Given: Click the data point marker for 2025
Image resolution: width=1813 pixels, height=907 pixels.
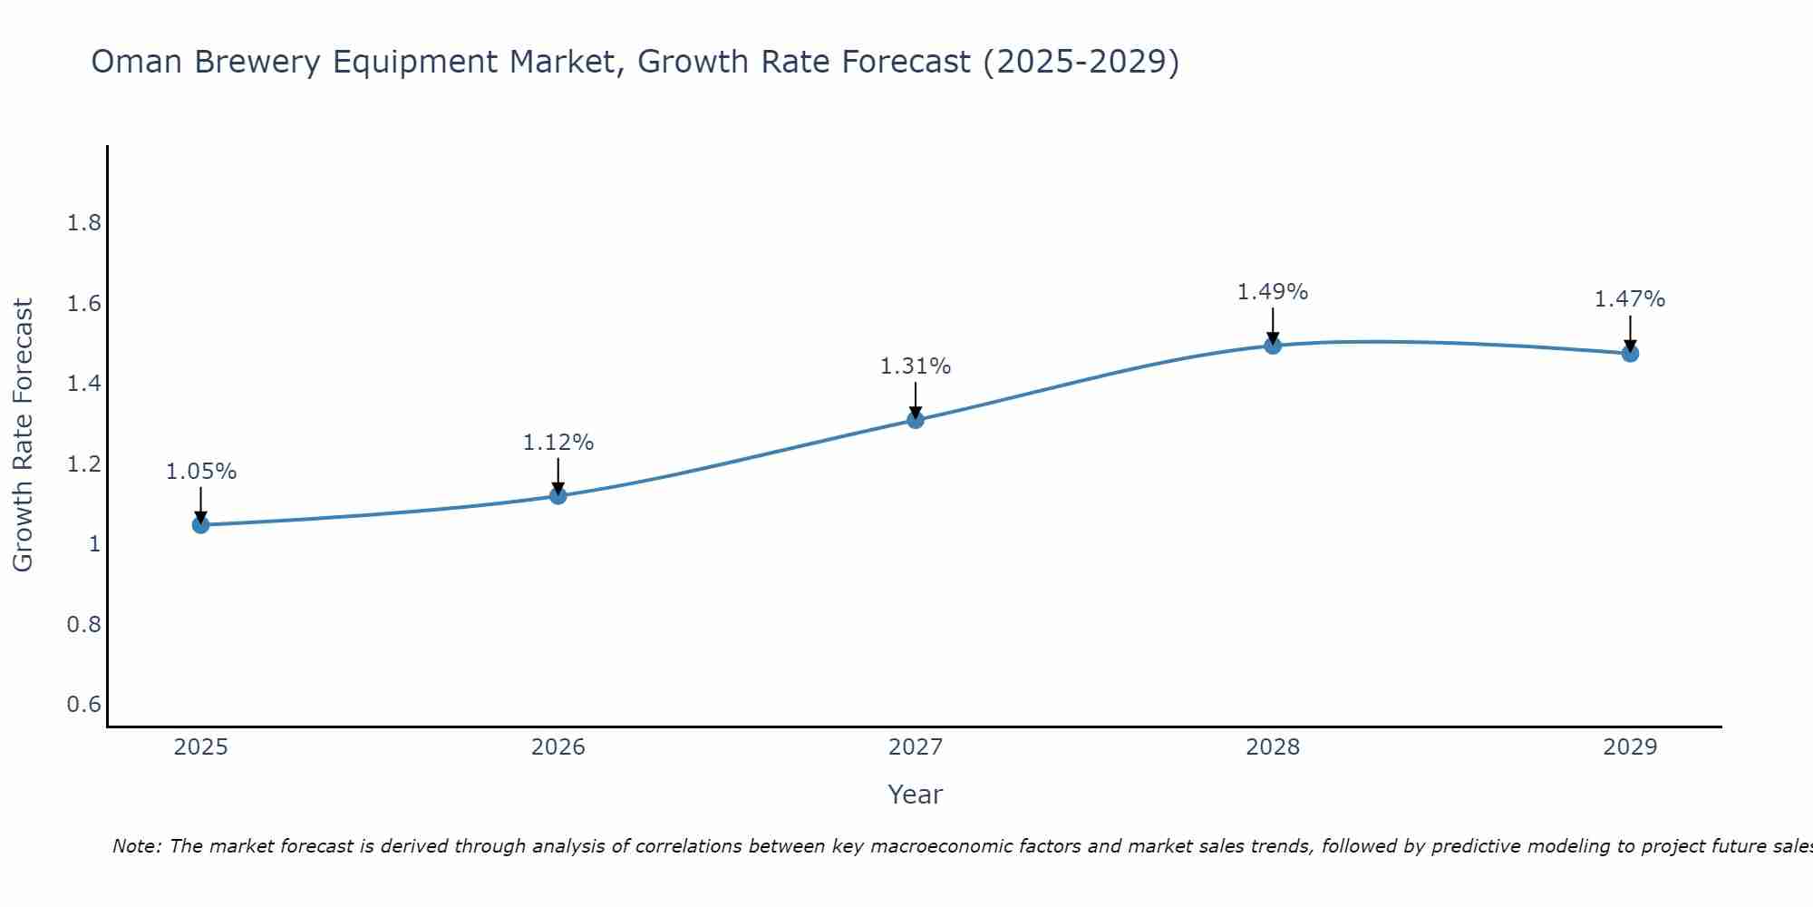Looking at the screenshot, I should click(200, 524).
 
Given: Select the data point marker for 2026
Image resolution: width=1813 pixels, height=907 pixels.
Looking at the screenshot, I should click(558, 495).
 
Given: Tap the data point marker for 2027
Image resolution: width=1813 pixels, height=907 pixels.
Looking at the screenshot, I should click(916, 419).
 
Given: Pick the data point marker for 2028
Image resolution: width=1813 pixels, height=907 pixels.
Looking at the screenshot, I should click(1273, 345).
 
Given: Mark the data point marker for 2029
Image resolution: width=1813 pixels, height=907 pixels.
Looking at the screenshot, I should click(1630, 353).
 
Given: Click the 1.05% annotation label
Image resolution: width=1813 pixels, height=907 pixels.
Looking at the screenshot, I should click(201, 472).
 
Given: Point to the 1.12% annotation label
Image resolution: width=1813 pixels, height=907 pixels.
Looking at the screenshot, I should click(558, 443).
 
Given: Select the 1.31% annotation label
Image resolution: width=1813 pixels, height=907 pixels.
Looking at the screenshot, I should click(916, 366).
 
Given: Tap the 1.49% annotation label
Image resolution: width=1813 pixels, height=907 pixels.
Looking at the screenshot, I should click(1273, 292).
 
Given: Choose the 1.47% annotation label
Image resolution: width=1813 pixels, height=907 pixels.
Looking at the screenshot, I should click(1630, 299).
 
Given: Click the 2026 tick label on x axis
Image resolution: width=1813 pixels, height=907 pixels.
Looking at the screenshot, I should click(558, 747).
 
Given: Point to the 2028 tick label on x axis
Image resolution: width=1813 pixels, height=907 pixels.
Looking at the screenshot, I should click(1273, 747).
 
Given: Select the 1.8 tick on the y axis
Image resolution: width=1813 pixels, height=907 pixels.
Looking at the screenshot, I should click(84, 223).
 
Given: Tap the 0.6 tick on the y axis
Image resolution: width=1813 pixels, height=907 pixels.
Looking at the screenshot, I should click(84, 705).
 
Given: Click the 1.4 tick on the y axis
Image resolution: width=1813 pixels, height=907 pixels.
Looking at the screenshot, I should click(84, 384).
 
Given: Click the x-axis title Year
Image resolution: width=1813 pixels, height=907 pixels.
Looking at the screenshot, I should click(916, 795).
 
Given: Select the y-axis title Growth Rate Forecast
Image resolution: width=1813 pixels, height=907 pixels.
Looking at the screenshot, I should click(24, 435).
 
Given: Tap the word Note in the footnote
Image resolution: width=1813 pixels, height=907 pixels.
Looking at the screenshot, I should click(137, 846).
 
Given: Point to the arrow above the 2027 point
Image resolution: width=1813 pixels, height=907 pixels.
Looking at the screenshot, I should click(916, 400).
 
